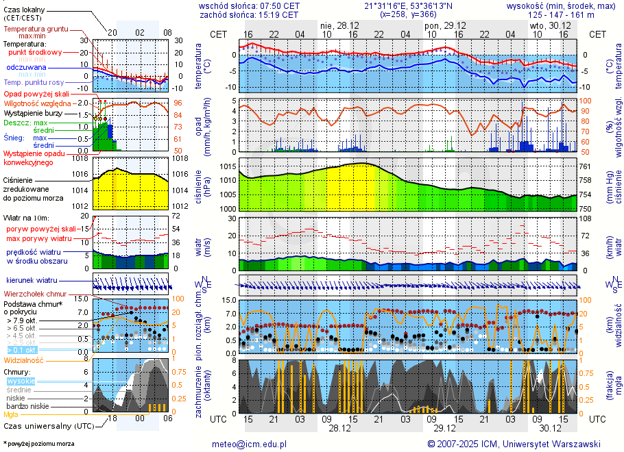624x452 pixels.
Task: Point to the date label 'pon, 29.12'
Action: [443, 25]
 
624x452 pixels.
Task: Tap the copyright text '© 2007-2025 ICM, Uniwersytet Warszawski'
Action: [514, 444]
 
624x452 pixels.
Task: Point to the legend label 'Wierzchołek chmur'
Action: [34, 294]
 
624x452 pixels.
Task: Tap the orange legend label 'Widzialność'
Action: [24, 360]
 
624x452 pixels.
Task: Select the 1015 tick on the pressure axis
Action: [227, 166]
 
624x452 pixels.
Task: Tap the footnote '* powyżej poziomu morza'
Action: [39, 444]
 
